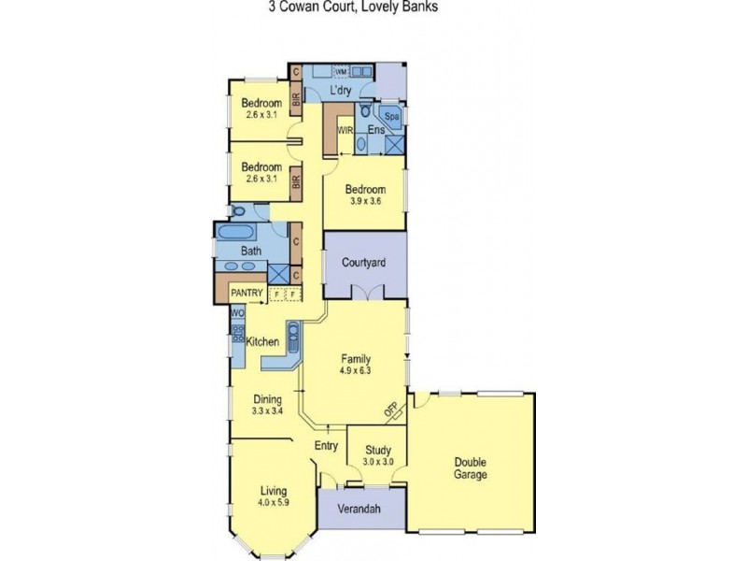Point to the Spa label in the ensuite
point(393,117)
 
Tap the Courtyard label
point(365,264)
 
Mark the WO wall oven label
point(237,313)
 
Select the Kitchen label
point(263,342)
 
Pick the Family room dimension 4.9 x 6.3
point(356,369)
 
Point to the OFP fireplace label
point(391,410)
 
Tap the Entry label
point(326,445)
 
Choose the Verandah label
point(360,510)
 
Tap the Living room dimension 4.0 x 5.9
point(273,503)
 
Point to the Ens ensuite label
point(375,129)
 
